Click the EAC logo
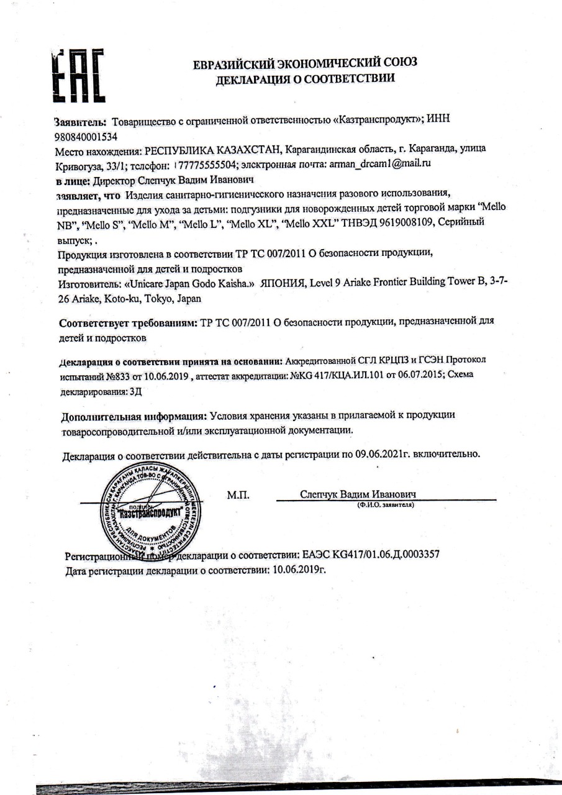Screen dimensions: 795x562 tap(78, 76)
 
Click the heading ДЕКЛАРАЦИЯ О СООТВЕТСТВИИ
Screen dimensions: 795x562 tap(305, 79)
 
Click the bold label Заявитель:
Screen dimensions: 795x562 tap(81, 119)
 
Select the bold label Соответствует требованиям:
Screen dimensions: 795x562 tap(128, 324)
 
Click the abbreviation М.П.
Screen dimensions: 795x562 tap(238, 495)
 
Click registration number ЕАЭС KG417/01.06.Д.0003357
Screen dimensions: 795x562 tap(371, 554)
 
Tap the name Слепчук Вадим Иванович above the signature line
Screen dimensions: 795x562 tap(358, 494)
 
